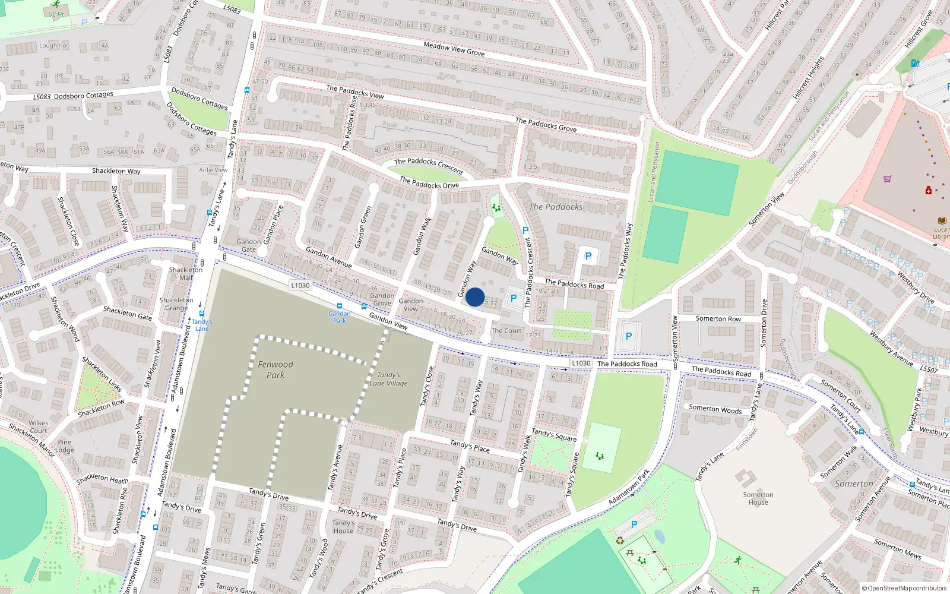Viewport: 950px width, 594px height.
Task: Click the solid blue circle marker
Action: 475,297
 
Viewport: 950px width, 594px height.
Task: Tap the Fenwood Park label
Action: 275,369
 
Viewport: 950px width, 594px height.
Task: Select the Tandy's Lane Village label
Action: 389,379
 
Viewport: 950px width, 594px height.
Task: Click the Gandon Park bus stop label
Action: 340,317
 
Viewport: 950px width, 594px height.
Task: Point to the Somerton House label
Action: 758,498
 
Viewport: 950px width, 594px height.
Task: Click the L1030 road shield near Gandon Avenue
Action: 300,285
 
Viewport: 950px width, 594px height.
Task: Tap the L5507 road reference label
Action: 929,369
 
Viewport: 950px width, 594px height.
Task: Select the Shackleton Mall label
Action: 186,273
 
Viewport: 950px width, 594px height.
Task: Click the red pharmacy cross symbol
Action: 929,190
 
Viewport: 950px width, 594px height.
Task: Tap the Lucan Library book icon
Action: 942,220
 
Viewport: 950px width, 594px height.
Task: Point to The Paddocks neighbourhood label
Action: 556,207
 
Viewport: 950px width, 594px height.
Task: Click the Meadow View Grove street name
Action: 454,49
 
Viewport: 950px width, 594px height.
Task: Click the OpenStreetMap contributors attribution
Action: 904,589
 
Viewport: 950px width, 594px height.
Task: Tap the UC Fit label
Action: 56,14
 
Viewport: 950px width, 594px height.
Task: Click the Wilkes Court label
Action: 39,426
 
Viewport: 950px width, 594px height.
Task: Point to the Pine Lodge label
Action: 65,445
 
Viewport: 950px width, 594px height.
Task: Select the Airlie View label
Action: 213,170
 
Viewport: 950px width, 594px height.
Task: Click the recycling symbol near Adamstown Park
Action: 620,541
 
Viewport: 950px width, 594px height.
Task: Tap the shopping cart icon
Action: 888,178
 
